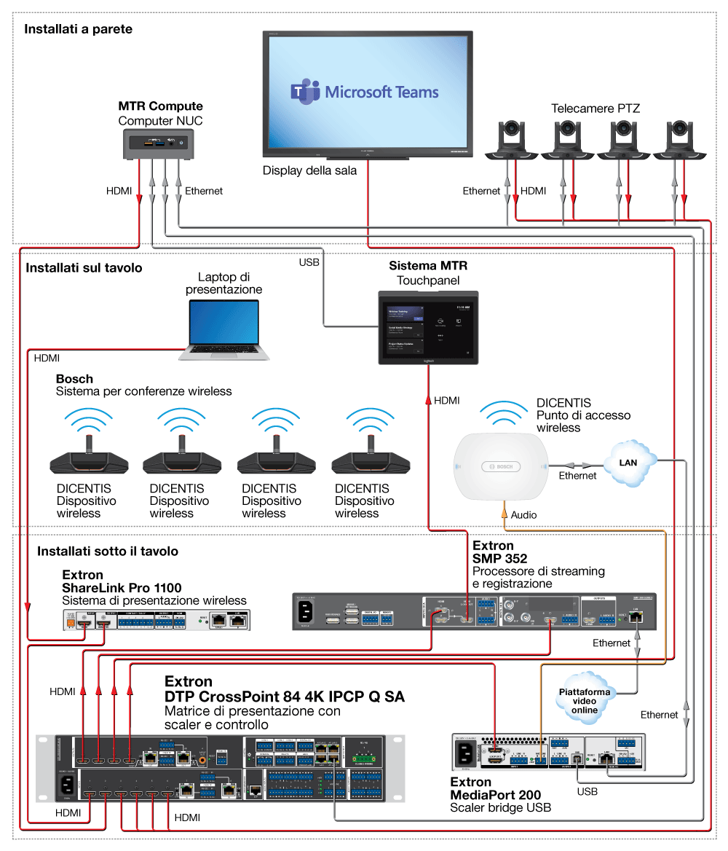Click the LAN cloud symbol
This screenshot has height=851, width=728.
[628, 463]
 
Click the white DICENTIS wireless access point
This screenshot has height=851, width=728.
[500, 467]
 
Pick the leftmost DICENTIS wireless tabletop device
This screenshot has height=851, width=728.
[88, 461]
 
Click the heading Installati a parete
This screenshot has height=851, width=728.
[78, 29]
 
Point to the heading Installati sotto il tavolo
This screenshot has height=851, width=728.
[108, 551]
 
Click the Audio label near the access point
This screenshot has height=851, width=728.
[523, 514]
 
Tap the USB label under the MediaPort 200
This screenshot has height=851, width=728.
[587, 791]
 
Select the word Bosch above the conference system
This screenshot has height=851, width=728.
[74, 379]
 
